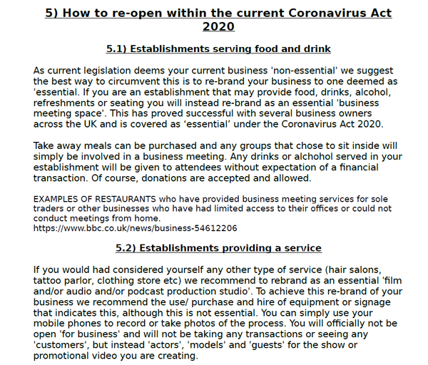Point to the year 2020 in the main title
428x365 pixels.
click(x=218, y=26)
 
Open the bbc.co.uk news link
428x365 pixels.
click(x=136, y=229)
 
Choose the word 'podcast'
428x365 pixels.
click(x=175, y=291)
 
